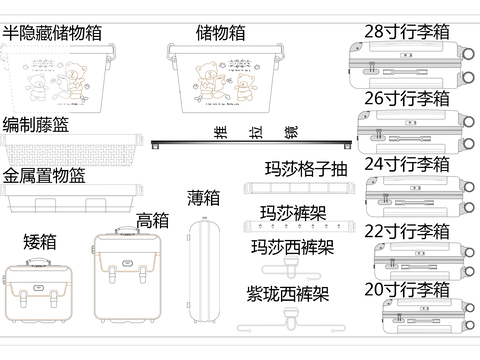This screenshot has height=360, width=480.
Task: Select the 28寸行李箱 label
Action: pos(406,31)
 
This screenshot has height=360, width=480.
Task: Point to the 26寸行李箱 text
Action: pos(406,98)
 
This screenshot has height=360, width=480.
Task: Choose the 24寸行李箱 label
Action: pos(406,163)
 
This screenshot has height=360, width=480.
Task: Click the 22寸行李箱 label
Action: pos(406,231)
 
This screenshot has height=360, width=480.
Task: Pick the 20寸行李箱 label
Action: pos(406,289)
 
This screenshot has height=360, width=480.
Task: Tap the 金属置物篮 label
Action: pos(44,175)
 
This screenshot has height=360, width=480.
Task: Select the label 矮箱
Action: pos(39,241)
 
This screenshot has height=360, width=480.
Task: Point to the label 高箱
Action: pos(152,220)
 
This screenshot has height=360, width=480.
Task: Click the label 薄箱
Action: pos(203,197)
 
